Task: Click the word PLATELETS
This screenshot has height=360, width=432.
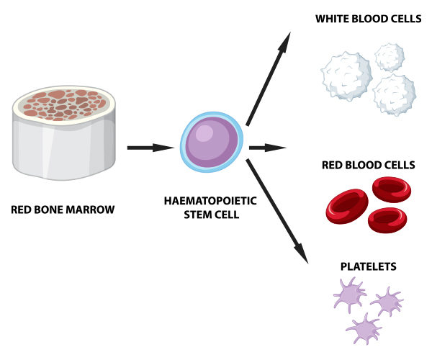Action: pos(368,267)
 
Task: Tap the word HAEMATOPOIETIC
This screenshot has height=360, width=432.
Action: pos(211,202)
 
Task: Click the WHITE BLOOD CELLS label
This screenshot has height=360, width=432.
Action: pos(368,18)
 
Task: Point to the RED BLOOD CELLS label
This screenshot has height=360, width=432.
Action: pos(369,165)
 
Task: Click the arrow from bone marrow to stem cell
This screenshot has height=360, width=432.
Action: pos(151,148)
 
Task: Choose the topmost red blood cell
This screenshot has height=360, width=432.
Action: pos(391,189)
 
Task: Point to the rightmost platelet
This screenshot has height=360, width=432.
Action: pos(390,301)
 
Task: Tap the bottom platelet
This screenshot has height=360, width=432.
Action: pos(364,328)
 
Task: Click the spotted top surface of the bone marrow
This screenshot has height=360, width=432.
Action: pos(65,103)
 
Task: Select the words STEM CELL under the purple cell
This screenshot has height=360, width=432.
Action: pos(211,215)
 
